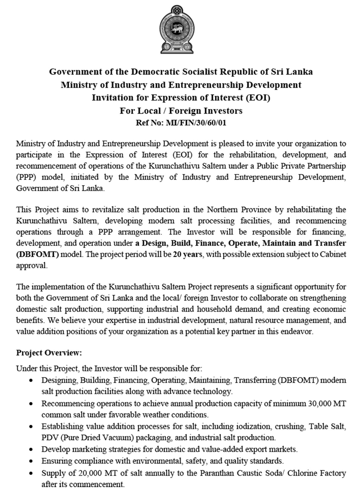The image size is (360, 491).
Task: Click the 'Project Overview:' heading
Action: click(x=49, y=353)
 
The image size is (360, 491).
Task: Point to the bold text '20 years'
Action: click(x=188, y=254)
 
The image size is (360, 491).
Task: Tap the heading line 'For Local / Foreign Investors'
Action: click(x=181, y=111)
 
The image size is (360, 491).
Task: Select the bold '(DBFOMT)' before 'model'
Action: click(x=37, y=254)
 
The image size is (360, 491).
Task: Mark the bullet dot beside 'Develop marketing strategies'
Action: click(x=31, y=449)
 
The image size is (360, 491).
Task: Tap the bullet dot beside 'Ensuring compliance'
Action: click(x=31, y=461)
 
